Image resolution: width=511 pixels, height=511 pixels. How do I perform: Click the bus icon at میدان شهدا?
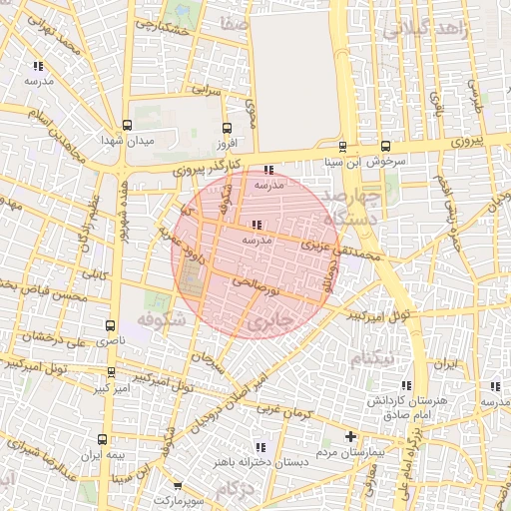click(126, 125)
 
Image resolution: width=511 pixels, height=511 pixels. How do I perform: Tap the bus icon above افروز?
click(227, 128)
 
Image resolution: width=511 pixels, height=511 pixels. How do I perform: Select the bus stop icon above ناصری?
click(110, 324)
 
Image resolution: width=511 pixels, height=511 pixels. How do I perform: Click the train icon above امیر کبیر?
click(111, 371)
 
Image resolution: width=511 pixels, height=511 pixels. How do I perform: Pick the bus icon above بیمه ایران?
click(103, 439)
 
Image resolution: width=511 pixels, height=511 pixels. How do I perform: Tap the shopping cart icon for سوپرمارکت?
click(178, 485)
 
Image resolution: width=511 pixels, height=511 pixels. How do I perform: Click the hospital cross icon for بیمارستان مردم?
click(350, 436)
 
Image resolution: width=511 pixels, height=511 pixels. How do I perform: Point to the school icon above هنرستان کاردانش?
click(405, 385)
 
